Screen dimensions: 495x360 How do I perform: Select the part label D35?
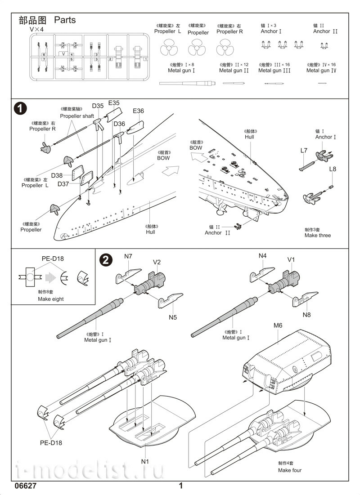click(98, 106)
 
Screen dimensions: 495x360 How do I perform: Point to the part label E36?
click(139, 111)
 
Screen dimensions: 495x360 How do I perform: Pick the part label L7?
click(304, 150)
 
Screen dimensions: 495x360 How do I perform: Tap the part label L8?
click(333, 169)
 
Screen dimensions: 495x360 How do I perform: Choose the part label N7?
click(128, 256)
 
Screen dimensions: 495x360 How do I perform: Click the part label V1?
click(291, 259)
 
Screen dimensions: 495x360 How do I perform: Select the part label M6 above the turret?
click(278, 325)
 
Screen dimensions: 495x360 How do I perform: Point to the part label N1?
click(145, 460)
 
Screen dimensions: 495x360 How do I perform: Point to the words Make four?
click(290, 470)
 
